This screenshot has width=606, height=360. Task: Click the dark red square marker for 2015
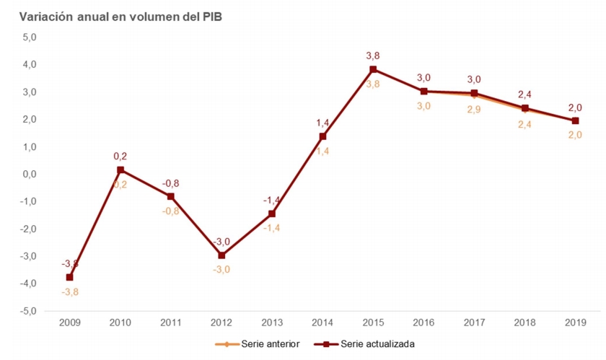(373, 69)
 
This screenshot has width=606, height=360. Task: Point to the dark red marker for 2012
(221, 255)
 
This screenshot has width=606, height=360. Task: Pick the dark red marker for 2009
(69, 277)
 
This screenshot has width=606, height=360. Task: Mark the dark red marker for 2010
(120, 170)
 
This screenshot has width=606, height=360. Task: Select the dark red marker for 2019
(575, 120)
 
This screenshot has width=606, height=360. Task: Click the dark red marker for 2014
(322, 136)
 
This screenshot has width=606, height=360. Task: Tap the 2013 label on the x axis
(272, 322)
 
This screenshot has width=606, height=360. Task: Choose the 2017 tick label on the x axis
(474, 322)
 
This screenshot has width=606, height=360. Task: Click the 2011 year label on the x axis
(171, 322)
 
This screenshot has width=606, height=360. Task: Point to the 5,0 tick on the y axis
(30, 38)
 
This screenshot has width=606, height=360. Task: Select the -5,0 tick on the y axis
(28, 311)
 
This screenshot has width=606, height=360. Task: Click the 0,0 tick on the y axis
(30, 174)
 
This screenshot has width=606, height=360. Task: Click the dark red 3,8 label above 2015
(373, 54)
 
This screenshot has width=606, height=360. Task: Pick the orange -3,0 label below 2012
(221, 270)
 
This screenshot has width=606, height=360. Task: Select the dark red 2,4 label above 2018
(524, 94)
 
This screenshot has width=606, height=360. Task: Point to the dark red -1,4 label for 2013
(272, 199)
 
